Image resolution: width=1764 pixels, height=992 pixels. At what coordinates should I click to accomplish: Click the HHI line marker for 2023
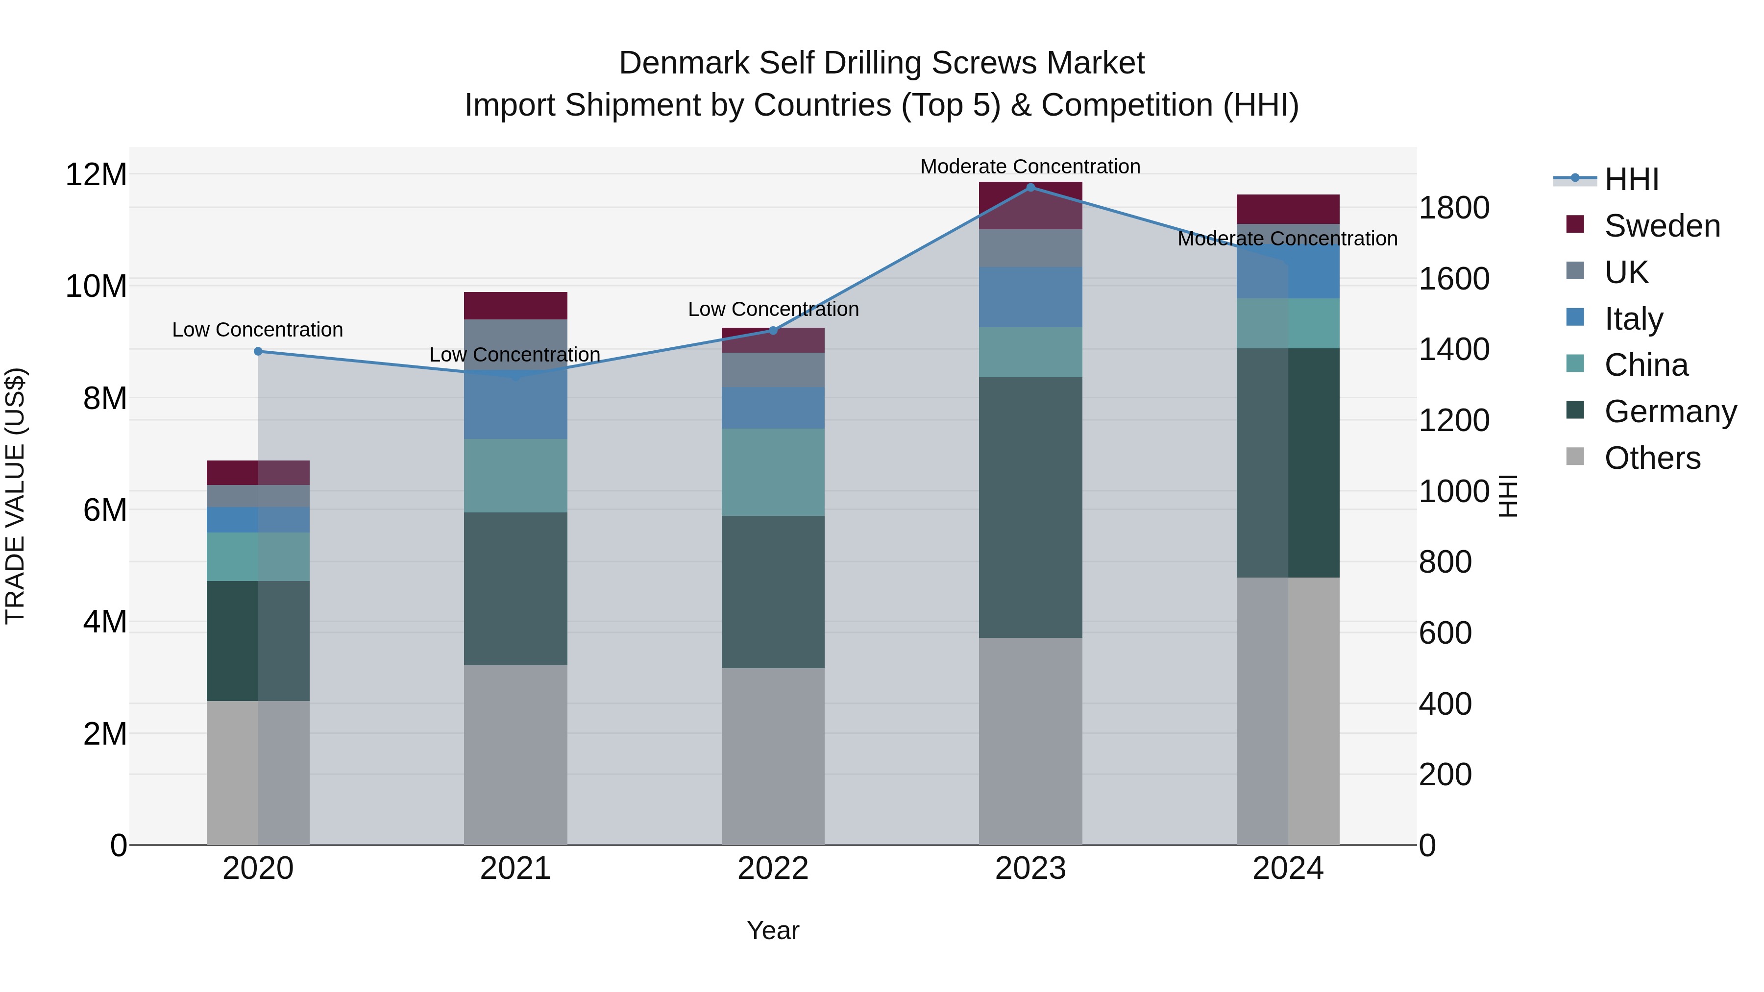point(1030,188)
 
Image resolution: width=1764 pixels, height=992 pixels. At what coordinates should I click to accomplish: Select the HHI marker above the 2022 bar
point(773,331)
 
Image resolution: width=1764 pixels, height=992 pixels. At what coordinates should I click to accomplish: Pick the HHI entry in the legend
point(1631,179)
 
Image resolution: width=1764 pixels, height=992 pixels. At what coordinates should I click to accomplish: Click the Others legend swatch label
point(1652,458)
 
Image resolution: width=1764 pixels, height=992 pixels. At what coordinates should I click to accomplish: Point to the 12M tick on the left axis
point(96,174)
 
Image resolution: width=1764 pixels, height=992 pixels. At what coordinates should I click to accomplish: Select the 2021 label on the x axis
point(515,869)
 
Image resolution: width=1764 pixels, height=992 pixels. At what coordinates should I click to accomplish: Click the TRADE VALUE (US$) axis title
point(15,496)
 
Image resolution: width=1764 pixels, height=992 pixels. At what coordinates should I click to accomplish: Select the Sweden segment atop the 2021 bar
point(515,305)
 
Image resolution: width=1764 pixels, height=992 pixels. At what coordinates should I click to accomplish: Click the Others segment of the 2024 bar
point(1287,711)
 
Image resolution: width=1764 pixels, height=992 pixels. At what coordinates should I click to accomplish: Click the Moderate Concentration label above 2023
point(1030,167)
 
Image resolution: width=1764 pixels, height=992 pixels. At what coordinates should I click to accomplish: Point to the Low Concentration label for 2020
point(257,330)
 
